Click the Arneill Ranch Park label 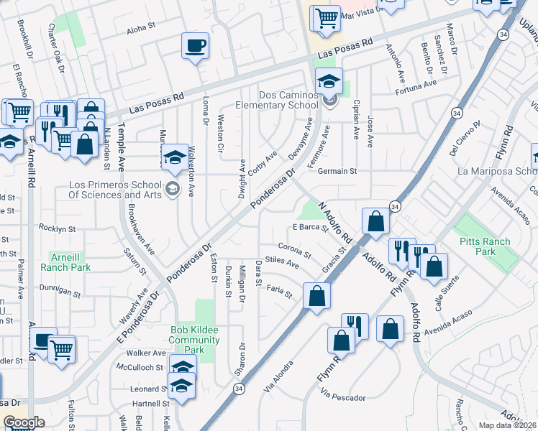point(70,261)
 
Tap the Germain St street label point(337,172)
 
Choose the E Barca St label point(310,228)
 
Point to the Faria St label point(279,292)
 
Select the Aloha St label point(140,27)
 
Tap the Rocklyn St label point(58,228)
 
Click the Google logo point(24,422)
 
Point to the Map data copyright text point(507,425)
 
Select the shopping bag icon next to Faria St point(316,295)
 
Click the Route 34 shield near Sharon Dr point(238,388)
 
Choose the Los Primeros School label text point(114,189)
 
